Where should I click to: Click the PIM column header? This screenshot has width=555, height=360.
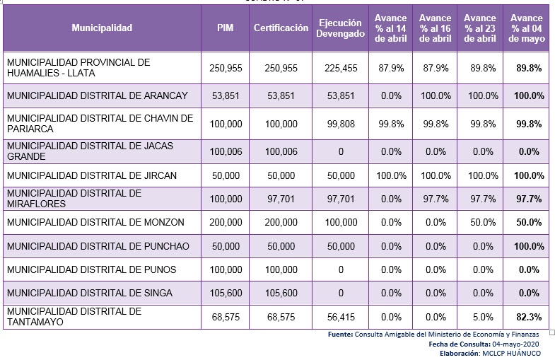[x=226, y=28]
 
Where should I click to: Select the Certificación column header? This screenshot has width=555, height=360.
[x=281, y=28]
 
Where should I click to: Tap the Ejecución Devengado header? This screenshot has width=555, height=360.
[x=341, y=28]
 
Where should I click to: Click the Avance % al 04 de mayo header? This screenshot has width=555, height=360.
[x=526, y=28]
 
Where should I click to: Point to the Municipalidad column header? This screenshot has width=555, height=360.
[x=102, y=28]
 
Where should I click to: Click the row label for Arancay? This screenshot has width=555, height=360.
[x=97, y=95]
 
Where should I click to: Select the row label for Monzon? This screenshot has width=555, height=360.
[x=95, y=222]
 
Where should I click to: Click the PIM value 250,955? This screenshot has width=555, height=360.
[x=226, y=68]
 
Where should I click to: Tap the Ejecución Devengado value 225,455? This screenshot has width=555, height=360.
[x=341, y=68]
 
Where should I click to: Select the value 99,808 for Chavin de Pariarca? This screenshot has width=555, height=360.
[x=341, y=124]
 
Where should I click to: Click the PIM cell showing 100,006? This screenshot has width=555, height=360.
[x=226, y=151]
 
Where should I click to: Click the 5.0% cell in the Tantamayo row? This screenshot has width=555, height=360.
[x=483, y=318]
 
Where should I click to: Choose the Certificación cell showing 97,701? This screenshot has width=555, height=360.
[x=281, y=199]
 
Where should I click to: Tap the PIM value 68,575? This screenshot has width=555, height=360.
[x=226, y=318]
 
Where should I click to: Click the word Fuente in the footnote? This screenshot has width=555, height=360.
[x=340, y=334]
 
